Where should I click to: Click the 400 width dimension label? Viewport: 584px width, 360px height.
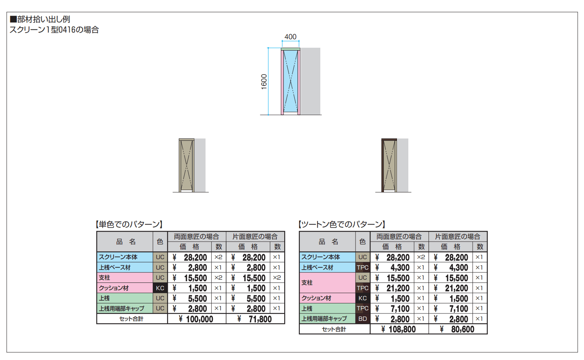pyautogui.click(x=290, y=37)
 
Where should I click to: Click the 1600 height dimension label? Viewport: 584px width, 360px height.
pyautogui.click(x=264, y=81)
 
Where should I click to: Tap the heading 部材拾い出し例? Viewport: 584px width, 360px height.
pyautogui.click(x=43, y=19)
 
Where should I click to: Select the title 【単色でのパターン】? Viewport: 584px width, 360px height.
pyautogui.click(x=129, y=224)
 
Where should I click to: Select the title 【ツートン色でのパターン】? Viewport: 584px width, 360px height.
pyautogui.click(x=342, y=224)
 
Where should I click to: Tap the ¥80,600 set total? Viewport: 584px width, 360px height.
pyautogui.click(x=457, y=329)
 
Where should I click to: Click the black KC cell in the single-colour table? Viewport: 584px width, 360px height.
pyautogui.click(x=160, y=288)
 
